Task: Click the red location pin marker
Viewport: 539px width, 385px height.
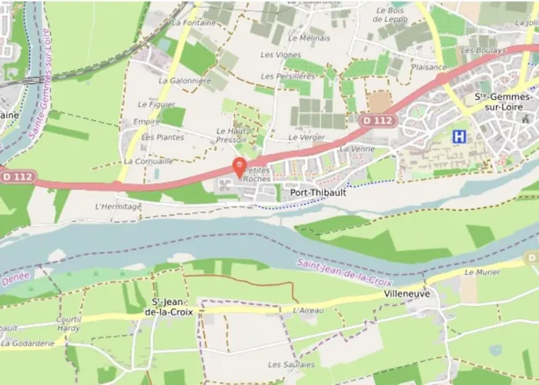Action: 239,167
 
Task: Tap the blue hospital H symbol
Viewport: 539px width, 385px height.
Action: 460,136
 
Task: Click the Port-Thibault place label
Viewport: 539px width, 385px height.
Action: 318,193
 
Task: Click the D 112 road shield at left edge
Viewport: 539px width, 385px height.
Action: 18,176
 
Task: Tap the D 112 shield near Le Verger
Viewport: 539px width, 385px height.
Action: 377,120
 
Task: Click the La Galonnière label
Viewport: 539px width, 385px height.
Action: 185,80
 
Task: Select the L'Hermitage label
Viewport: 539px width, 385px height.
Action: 118,206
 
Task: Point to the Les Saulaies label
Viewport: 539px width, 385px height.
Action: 291,364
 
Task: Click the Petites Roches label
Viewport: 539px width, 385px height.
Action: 257,173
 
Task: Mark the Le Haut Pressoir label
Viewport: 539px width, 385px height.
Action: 233,136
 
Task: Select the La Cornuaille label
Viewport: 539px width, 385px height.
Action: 148,162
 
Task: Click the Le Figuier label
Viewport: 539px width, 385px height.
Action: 156,104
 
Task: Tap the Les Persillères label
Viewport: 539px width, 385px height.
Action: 288,76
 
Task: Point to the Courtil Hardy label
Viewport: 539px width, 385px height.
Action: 69,323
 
